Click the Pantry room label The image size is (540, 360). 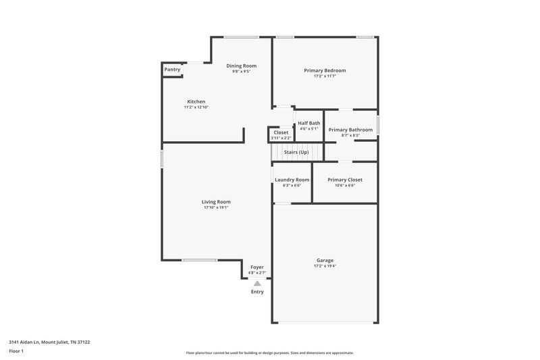click(x=172, y=69)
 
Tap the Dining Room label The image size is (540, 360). click(x=241, y=66)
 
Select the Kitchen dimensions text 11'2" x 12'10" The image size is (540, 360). click(x=196, y=107)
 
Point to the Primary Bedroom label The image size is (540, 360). click(x=325, y=70)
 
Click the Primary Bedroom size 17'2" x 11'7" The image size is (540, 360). click(x=325, y=76)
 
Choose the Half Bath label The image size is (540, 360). click(x=309, y=123)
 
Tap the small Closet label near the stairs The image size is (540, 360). click(x=281, y=132)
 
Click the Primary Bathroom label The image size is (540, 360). click(x=350, y=129)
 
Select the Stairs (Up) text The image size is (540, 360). click(x=296, y=152)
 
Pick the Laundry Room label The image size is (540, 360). click(x=292, y=180)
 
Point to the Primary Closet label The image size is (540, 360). click(x=345, y=180)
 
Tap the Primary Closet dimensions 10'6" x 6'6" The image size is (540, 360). click(x=345, y=186)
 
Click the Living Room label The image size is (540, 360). click(x=216, y=201)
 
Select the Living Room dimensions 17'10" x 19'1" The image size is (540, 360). click(x=216, y=207)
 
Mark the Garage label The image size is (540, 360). click(x=325, y=260)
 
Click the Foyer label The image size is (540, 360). click(x=257, y=267)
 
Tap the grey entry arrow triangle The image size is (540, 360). click(x=257, y=284)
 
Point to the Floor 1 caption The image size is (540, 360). click(x=17, y=352)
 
